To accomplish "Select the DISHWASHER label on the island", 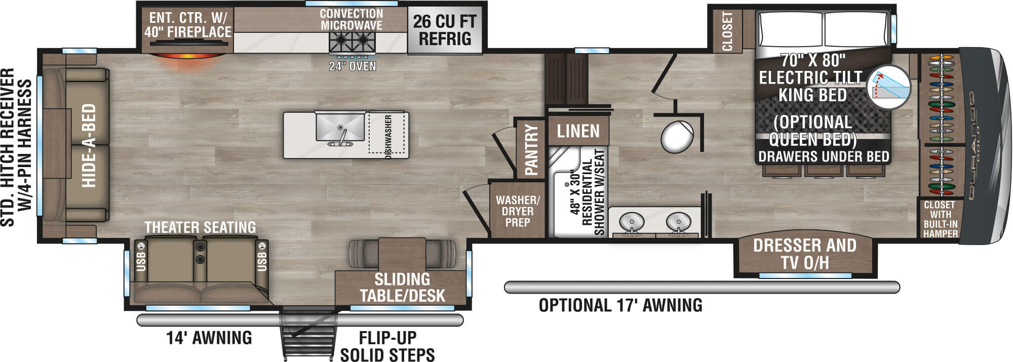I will click(x=388, y=136).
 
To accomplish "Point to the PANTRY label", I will click(x=531, y=149).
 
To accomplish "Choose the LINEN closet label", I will click(x=578, y=132).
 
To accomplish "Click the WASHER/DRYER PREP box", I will click(x=517, y=211).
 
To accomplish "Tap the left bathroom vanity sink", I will click(x=632, y=221).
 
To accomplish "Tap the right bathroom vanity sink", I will click(x=678, y=221).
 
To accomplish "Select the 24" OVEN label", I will click(x=353, y=66).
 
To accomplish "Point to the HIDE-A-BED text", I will click(x=89, y=145).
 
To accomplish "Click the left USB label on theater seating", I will click(x=141, y=260).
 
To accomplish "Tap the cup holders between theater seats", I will click(x=201, y=253).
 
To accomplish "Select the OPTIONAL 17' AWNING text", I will click(x=620, y=305).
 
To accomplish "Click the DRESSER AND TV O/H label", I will click(x=804, y=254).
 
